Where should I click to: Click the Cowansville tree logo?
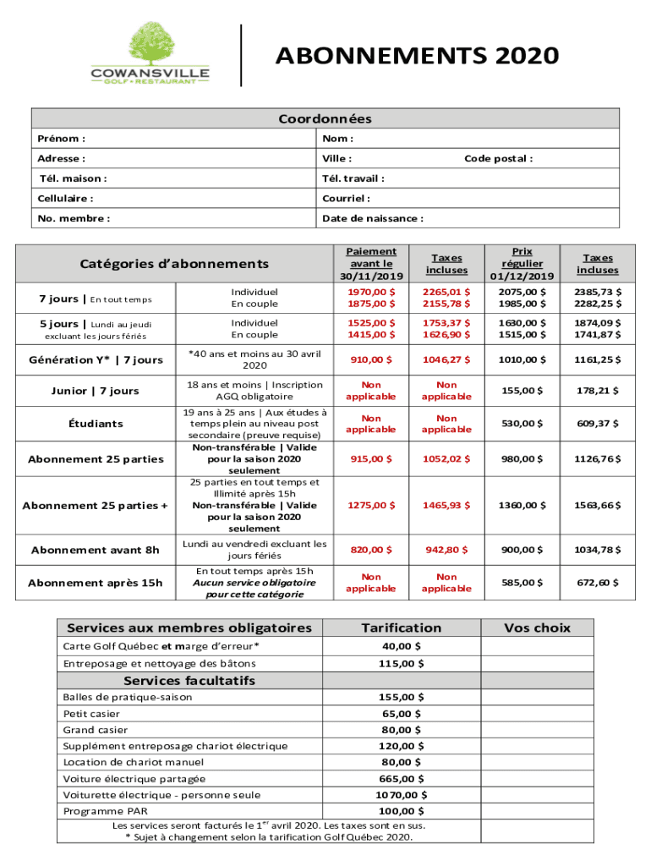point(150,53)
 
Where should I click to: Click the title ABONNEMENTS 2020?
point(417,56)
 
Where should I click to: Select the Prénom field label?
point(61,139)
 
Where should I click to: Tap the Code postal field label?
point(498,159)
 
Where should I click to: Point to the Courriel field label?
point(346,199)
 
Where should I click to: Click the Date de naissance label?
point(372,218)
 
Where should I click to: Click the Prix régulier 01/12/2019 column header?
point(522,264)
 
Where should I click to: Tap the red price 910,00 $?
point(371,360)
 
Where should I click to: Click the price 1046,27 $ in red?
point(447,360)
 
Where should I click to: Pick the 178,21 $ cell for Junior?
point(598,392)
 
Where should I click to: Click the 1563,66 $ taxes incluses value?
point(598,506)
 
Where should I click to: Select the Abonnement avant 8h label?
point(96,551)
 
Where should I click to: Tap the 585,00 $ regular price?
point(522,583)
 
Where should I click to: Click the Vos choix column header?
point(537,628)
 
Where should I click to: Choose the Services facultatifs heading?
point(189,681)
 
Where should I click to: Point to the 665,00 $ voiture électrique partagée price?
point(402,779)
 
